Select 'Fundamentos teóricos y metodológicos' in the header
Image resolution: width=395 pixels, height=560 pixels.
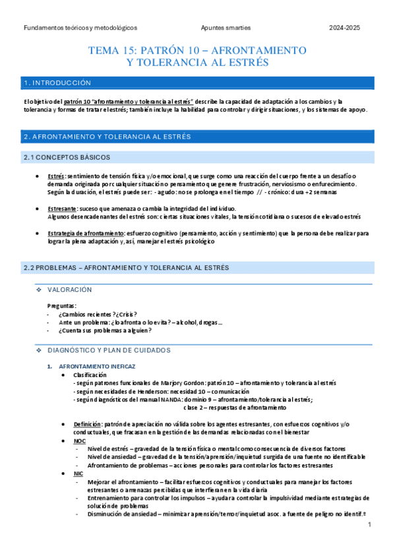(x=80, y=28)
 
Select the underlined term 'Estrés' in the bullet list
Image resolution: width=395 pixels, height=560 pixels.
(x=56, y=176)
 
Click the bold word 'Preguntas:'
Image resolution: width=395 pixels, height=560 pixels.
(x=61, y=306)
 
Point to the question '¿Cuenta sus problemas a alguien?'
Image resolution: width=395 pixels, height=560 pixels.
(x=105, y=330)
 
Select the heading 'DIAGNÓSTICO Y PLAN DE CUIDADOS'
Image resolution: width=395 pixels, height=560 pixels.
(x=114, y=350)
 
